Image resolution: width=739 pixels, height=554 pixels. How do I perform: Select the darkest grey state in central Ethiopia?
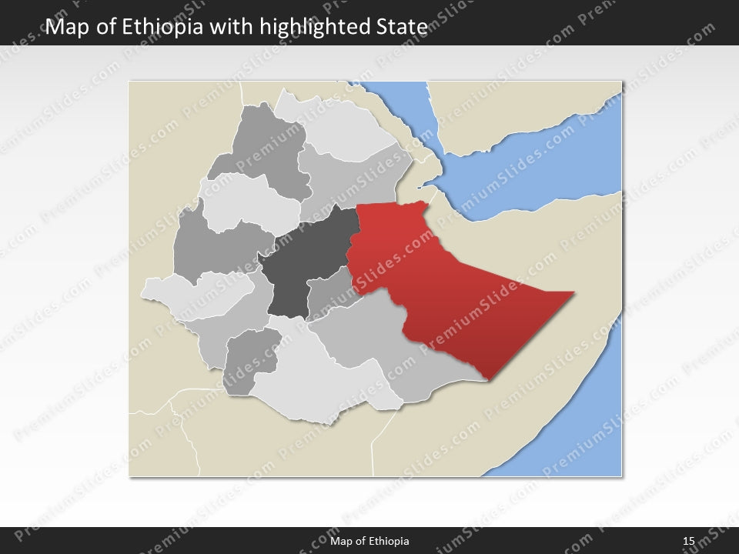click(304, 262)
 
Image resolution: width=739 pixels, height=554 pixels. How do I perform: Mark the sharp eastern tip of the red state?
click(573, 292)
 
